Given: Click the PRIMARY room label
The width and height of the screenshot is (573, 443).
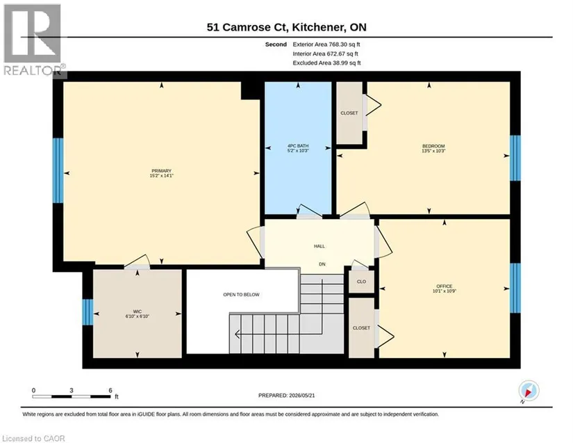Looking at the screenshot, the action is pyautogui.click(x=162, y=171).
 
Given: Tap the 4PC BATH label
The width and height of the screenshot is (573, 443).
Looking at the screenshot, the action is pyautogui.click(x=298, y=146).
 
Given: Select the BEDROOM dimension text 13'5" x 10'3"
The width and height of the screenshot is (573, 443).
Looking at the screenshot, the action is pyautogui.click(x=433, y=151).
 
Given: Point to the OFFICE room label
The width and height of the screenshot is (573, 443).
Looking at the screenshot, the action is pyautogui.click(x=445, y=286).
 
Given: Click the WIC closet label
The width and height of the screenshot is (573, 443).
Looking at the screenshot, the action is pyautogui.click(x=138, y=312).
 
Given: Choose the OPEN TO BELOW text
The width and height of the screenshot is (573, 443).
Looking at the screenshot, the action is pyautogui.click(x=241, y=294).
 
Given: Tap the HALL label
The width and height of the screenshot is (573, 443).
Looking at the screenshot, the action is pyautogui.click(x=319, y=246).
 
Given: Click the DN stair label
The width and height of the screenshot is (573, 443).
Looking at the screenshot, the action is pyautogui.click(x=322, y=264).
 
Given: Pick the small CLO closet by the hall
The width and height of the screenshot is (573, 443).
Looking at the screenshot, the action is pyautogui.click(x=361, y=282).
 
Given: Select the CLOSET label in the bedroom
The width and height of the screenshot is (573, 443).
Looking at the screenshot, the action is pyautogui.click(x=349, y=113).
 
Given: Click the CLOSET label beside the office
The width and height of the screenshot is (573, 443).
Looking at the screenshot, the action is pyautogui.click(x=361, y=328).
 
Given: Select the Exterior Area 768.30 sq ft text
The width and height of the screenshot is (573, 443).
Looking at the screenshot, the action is pyautogui.click(x=326, y=45).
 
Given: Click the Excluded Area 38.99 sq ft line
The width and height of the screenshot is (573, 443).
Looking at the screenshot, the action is pyautogui.click(x=326, y=63).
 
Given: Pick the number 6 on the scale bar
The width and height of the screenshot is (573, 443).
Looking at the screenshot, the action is pyautogui.click(x=110, y=390).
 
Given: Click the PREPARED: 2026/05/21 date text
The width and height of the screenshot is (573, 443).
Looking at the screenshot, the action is pyautogui.click(x=286, y=396).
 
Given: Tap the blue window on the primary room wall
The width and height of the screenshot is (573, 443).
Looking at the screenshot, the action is pyautogui.click(x=58, y=170).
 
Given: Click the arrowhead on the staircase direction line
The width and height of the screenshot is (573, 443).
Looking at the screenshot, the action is pyautogui.click(x=238, y=335).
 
